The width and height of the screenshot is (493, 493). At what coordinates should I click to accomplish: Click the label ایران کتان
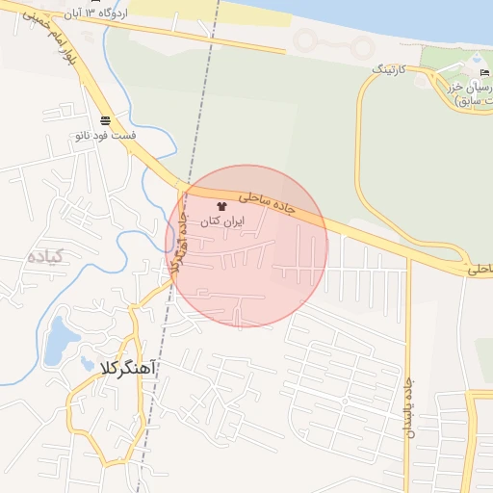click(222, 221)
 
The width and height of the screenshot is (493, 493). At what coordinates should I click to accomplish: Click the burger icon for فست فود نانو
click(104, 120)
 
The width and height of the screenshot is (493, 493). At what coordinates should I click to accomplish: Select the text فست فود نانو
click(104, 136)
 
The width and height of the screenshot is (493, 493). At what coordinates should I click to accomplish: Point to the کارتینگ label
click(392, 70)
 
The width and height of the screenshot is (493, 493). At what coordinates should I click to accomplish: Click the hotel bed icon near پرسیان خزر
click(483, 73)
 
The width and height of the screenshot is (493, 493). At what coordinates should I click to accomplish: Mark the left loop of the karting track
click(308, 41)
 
